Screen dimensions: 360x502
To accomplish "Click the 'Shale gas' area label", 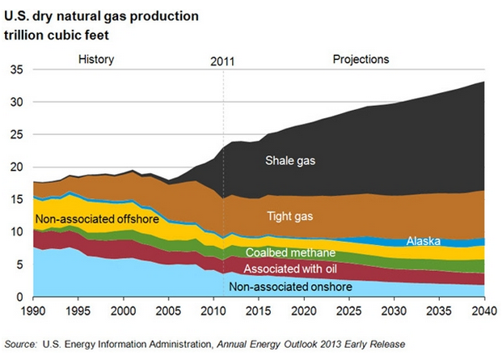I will pos(290,160).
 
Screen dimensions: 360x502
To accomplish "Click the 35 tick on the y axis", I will pos(16,70).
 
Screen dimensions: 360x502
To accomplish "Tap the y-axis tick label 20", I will pos(16,167).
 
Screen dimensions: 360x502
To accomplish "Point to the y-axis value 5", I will pos(19,265).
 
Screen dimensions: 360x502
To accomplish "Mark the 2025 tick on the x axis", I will pos(348,311).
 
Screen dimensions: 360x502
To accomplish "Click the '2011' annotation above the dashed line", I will pos(223,61).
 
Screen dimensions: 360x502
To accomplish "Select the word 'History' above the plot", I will pos(96,59).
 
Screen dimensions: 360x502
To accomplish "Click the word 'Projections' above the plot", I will pos(361,59).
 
